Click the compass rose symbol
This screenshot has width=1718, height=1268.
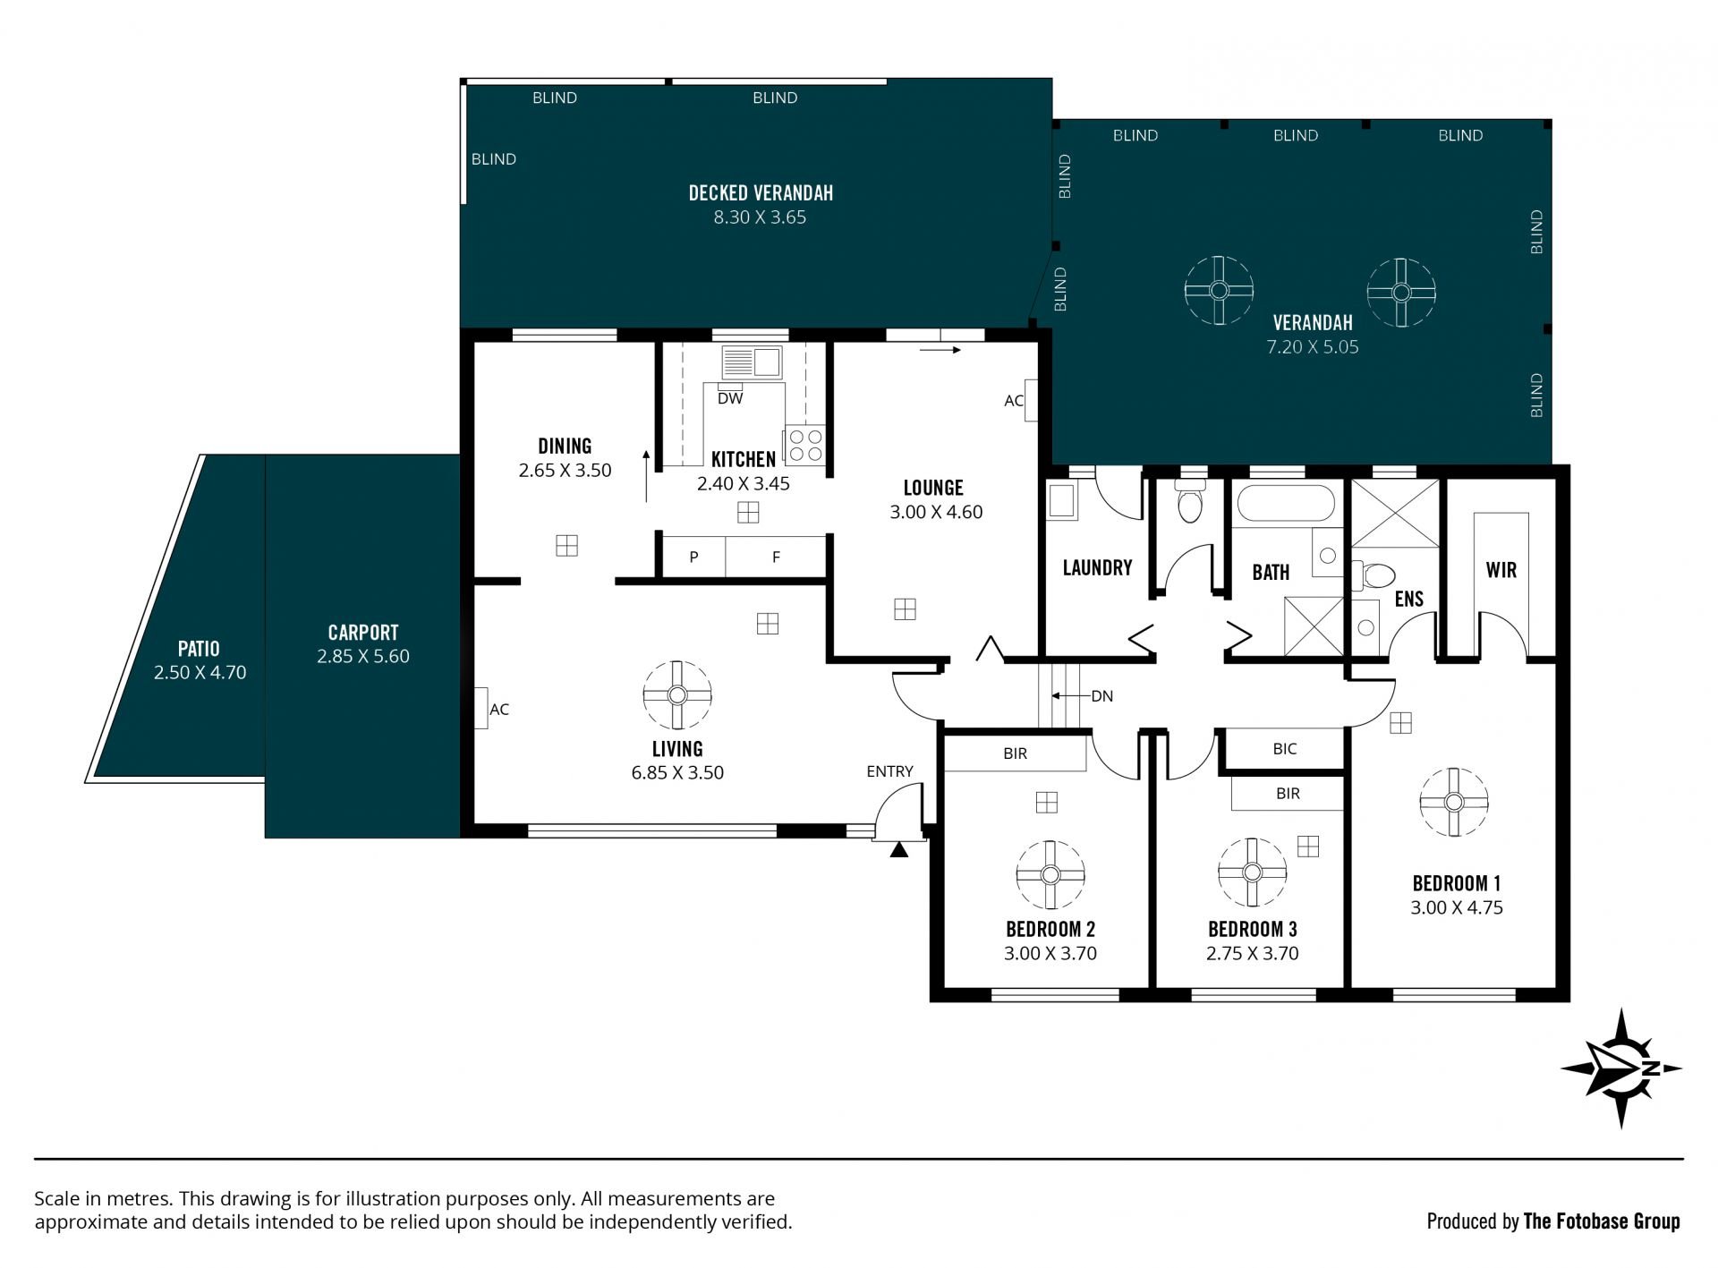[1620, 1068]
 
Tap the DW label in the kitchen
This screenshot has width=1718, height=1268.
[730, 399]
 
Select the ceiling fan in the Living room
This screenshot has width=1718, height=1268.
[677, 695]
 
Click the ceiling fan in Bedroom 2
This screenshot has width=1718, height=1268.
[1050, 875]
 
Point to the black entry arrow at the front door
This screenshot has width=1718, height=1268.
[899, 849]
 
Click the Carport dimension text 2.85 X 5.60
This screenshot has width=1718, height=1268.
[363, 656]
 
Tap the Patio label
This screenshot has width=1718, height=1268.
[199, 648]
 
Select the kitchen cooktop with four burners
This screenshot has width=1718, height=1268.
[804, 446]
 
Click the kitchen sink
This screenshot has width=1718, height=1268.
[753, 362]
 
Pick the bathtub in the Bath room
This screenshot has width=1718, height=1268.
[1286, 503]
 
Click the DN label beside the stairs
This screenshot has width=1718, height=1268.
[1102, 696]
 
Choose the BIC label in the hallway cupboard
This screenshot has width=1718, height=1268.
[1285, 749]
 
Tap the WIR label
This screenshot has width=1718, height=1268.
[1501, 570]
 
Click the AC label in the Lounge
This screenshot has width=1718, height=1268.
[1014, 401]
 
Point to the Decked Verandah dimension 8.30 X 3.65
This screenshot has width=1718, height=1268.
[760, 217]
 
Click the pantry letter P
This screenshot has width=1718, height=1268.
[694, 557]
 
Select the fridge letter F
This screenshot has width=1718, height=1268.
[776, 557]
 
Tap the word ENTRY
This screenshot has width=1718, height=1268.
[890, 771]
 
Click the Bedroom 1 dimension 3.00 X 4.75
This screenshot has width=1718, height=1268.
[1457, 907]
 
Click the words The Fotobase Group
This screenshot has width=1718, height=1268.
[1602, 1221]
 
